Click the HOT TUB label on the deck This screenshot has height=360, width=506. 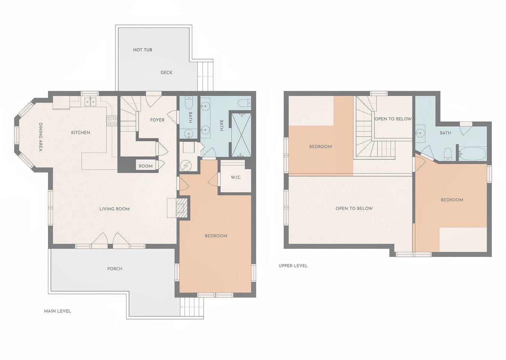pos(142,50)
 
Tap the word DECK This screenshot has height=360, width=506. pos(166,72)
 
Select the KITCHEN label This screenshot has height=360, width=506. pos(81,133)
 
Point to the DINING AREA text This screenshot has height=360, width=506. pos(41,137)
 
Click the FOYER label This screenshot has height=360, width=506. pos(157,120)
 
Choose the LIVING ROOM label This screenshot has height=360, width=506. pos(114,209)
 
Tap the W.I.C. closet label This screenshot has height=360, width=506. pos(236,177)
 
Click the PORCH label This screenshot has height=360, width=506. pos(115,269)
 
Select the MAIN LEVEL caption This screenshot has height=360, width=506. pos(57,311)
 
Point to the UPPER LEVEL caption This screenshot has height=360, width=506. pos(293,266)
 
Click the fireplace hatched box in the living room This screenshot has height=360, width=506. pos(182,208)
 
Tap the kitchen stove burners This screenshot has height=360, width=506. pos(112,121)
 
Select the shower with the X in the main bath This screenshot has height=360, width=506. pos(242,135)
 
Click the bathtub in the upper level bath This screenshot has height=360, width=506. pos(473,154)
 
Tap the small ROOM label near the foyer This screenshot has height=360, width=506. pos(146,166)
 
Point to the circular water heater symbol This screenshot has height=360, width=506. pos(186,166)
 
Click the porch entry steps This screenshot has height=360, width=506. pos(192,307)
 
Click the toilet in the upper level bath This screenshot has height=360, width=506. pos(447,154)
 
